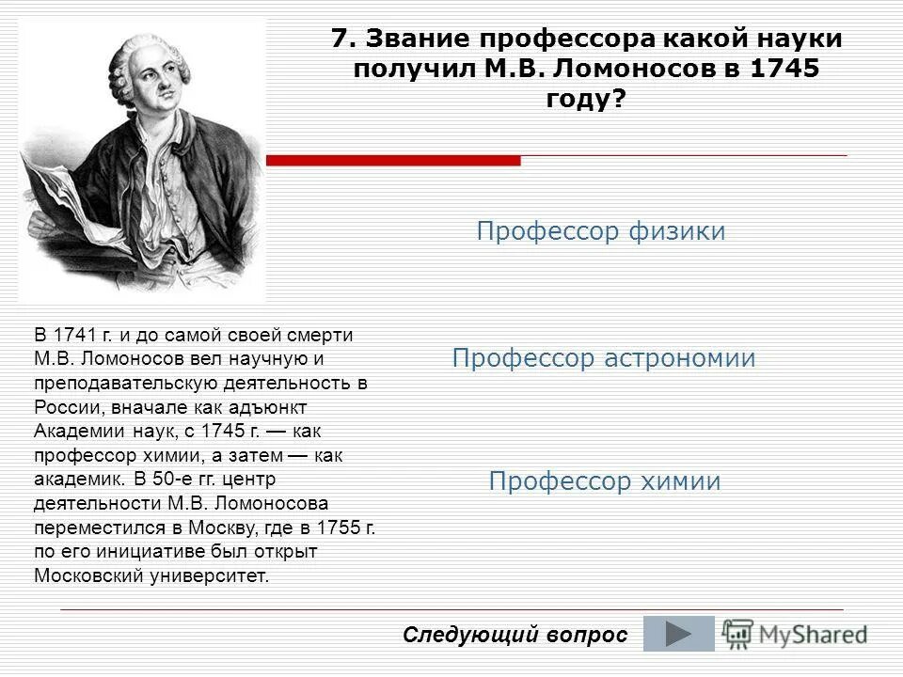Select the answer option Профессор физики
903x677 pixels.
[x=600, y=232]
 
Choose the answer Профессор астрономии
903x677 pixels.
[x=603, y=358]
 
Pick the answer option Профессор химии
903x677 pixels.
[x=604, y=482]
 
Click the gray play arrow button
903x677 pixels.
[x=678, y=634]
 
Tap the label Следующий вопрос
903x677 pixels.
[x=515, y=635]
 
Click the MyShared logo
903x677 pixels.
[x=795, y=633]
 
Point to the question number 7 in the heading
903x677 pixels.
[x=342, y=39]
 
